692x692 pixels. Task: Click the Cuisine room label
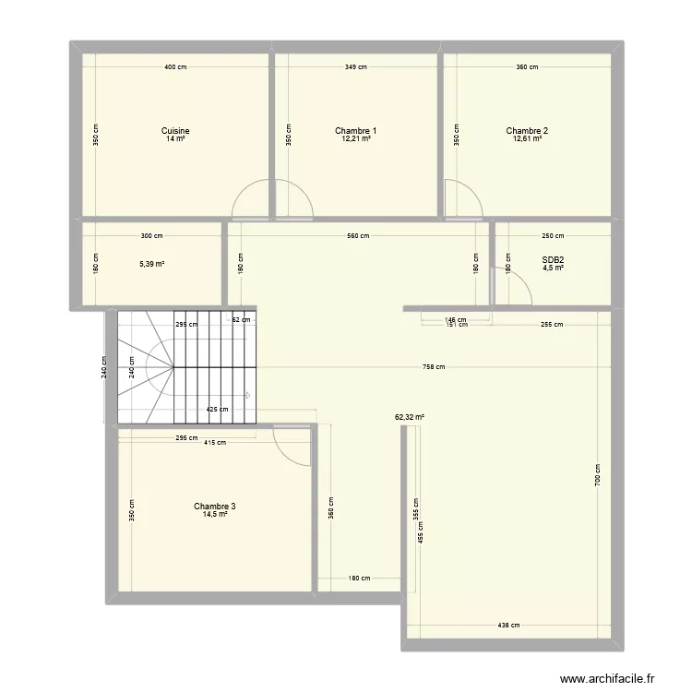point(175,131)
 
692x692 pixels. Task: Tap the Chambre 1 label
point(356,131)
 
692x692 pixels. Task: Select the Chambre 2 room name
point(527,131)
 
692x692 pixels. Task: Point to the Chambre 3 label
point(214,507)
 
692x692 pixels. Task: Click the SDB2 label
point(553,260)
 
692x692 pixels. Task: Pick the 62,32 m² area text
point(410,417)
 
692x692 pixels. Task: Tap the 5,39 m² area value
point(152,264)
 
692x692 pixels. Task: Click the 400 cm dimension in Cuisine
point(175,67)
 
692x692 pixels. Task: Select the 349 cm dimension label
point(356,67)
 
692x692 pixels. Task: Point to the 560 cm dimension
point(358,235)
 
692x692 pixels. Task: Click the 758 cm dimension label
point(434,366)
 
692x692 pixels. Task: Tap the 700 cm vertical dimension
point(597,475)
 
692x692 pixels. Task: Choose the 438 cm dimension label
point(508,625)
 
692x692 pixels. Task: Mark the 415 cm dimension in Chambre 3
point(215,442)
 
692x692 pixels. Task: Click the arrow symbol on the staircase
point(248,396)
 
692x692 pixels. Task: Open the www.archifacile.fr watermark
point(607,679)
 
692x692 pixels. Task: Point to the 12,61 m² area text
point(527,138)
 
